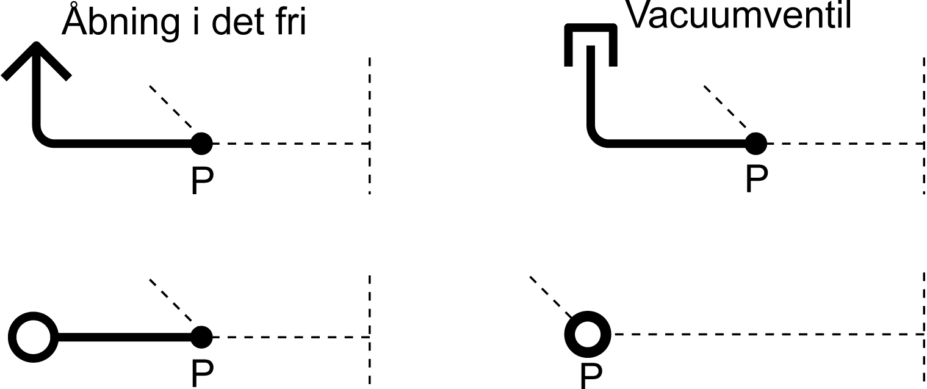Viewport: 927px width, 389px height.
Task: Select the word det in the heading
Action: [234, 22]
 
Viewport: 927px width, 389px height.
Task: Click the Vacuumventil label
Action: [739, 15]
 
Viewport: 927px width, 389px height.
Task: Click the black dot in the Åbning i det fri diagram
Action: [201, 144]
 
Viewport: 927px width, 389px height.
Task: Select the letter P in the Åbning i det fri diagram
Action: [202, 180]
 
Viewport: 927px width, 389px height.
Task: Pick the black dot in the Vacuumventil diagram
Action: [756, 144]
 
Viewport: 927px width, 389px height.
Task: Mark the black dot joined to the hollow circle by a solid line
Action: [201, 336]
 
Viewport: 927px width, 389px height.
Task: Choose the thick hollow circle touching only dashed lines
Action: [588, 334]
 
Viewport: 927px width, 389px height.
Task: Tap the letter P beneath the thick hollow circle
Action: [590, 375]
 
